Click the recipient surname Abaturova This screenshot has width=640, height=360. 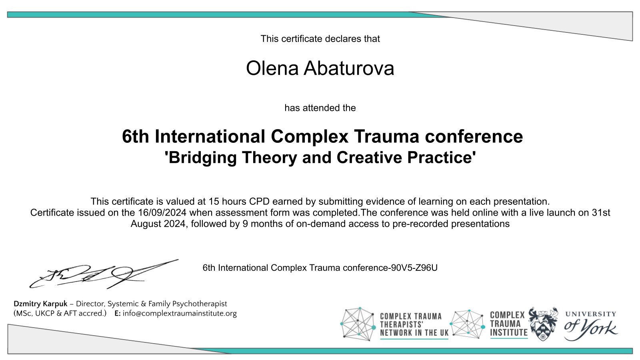pos(348,68)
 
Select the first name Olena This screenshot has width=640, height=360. pos(272,68)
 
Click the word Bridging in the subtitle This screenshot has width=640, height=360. pos(200,158)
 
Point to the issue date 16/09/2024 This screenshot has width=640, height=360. pos(162,212)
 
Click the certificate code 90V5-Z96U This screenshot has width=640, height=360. pos(414,268)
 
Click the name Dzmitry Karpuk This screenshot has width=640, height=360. pos(40,304)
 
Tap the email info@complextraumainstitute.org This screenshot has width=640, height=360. pos(180,314)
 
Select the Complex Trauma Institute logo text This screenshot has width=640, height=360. pos(508,324)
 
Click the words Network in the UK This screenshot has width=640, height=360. pos(414,333)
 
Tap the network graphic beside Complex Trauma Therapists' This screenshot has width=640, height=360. pos(358,324)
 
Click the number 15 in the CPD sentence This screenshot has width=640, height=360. pos(214,202)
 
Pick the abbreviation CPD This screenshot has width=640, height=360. pos(259,202)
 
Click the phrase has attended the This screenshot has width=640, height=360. pos(320,108)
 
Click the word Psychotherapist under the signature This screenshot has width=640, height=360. pos(200,304)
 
